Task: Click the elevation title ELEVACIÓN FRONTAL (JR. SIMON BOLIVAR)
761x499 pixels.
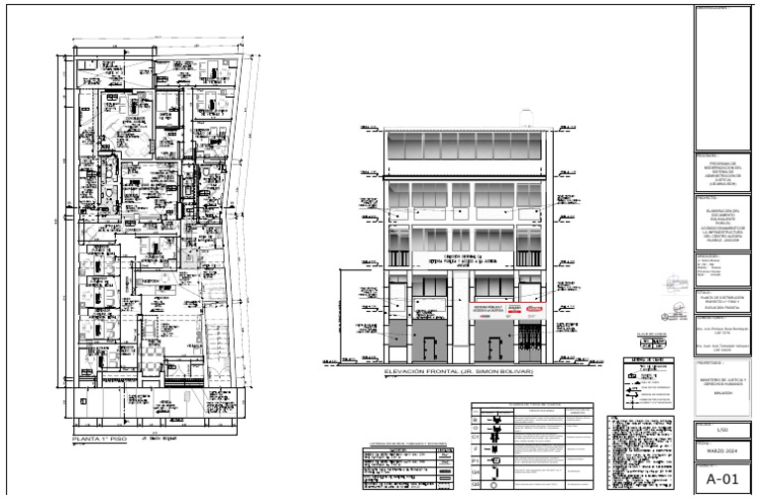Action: point(458,372)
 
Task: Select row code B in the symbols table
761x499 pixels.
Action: point(476,421)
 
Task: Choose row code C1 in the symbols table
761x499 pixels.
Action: point(476,436)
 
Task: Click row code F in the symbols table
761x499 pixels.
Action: point(476,449)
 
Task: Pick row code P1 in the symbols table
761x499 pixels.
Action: point(476,461)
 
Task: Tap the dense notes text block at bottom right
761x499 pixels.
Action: point(643,450)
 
